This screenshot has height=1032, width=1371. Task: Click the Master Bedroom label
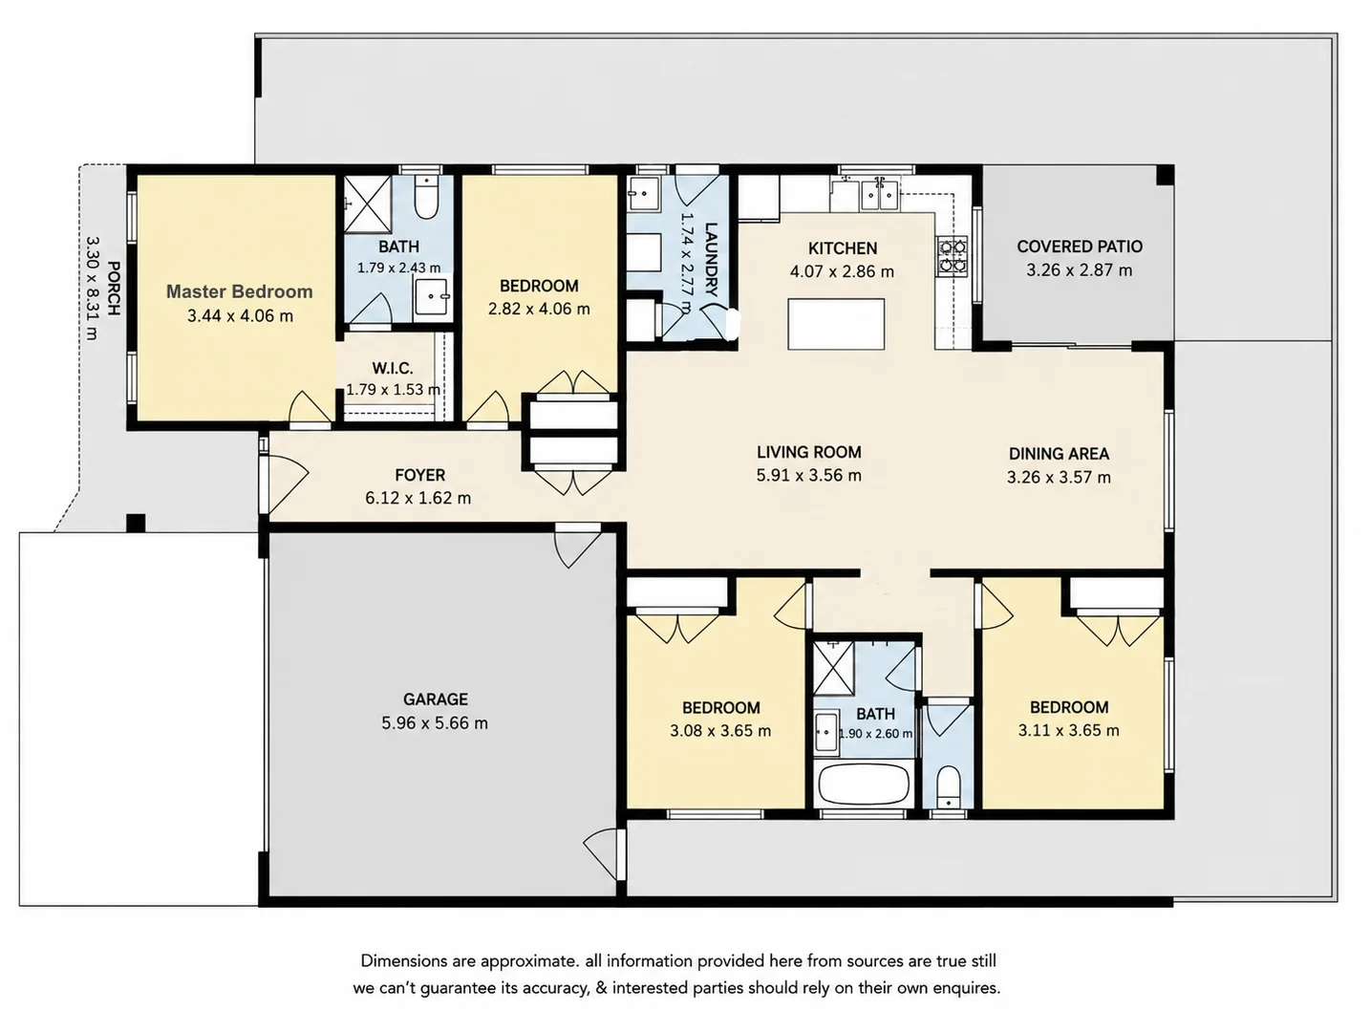point(239,291)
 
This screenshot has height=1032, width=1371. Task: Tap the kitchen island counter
point(836,324)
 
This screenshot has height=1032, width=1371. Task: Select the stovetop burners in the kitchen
point(951,256)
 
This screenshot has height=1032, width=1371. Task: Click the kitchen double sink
point(879,194)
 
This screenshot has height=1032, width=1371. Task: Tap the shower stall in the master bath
point(368,204)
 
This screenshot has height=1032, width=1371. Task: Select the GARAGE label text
point(436,699)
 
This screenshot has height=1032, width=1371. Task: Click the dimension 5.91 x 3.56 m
point(809,476)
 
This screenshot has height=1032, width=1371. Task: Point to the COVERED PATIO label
point(1080,247)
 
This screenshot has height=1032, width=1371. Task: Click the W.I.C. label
point(393,368)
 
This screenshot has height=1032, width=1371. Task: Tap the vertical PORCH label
point(113,288)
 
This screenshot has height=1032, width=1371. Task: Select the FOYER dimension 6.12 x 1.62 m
point(418,498)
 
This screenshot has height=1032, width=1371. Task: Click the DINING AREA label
point(1059,454)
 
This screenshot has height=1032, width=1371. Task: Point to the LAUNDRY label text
point(711,259)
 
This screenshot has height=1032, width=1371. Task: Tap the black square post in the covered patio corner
point(1165,175)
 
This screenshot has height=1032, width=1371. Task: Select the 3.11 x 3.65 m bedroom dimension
point(1069,730)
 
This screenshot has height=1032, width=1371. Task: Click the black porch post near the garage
point(137,523)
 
